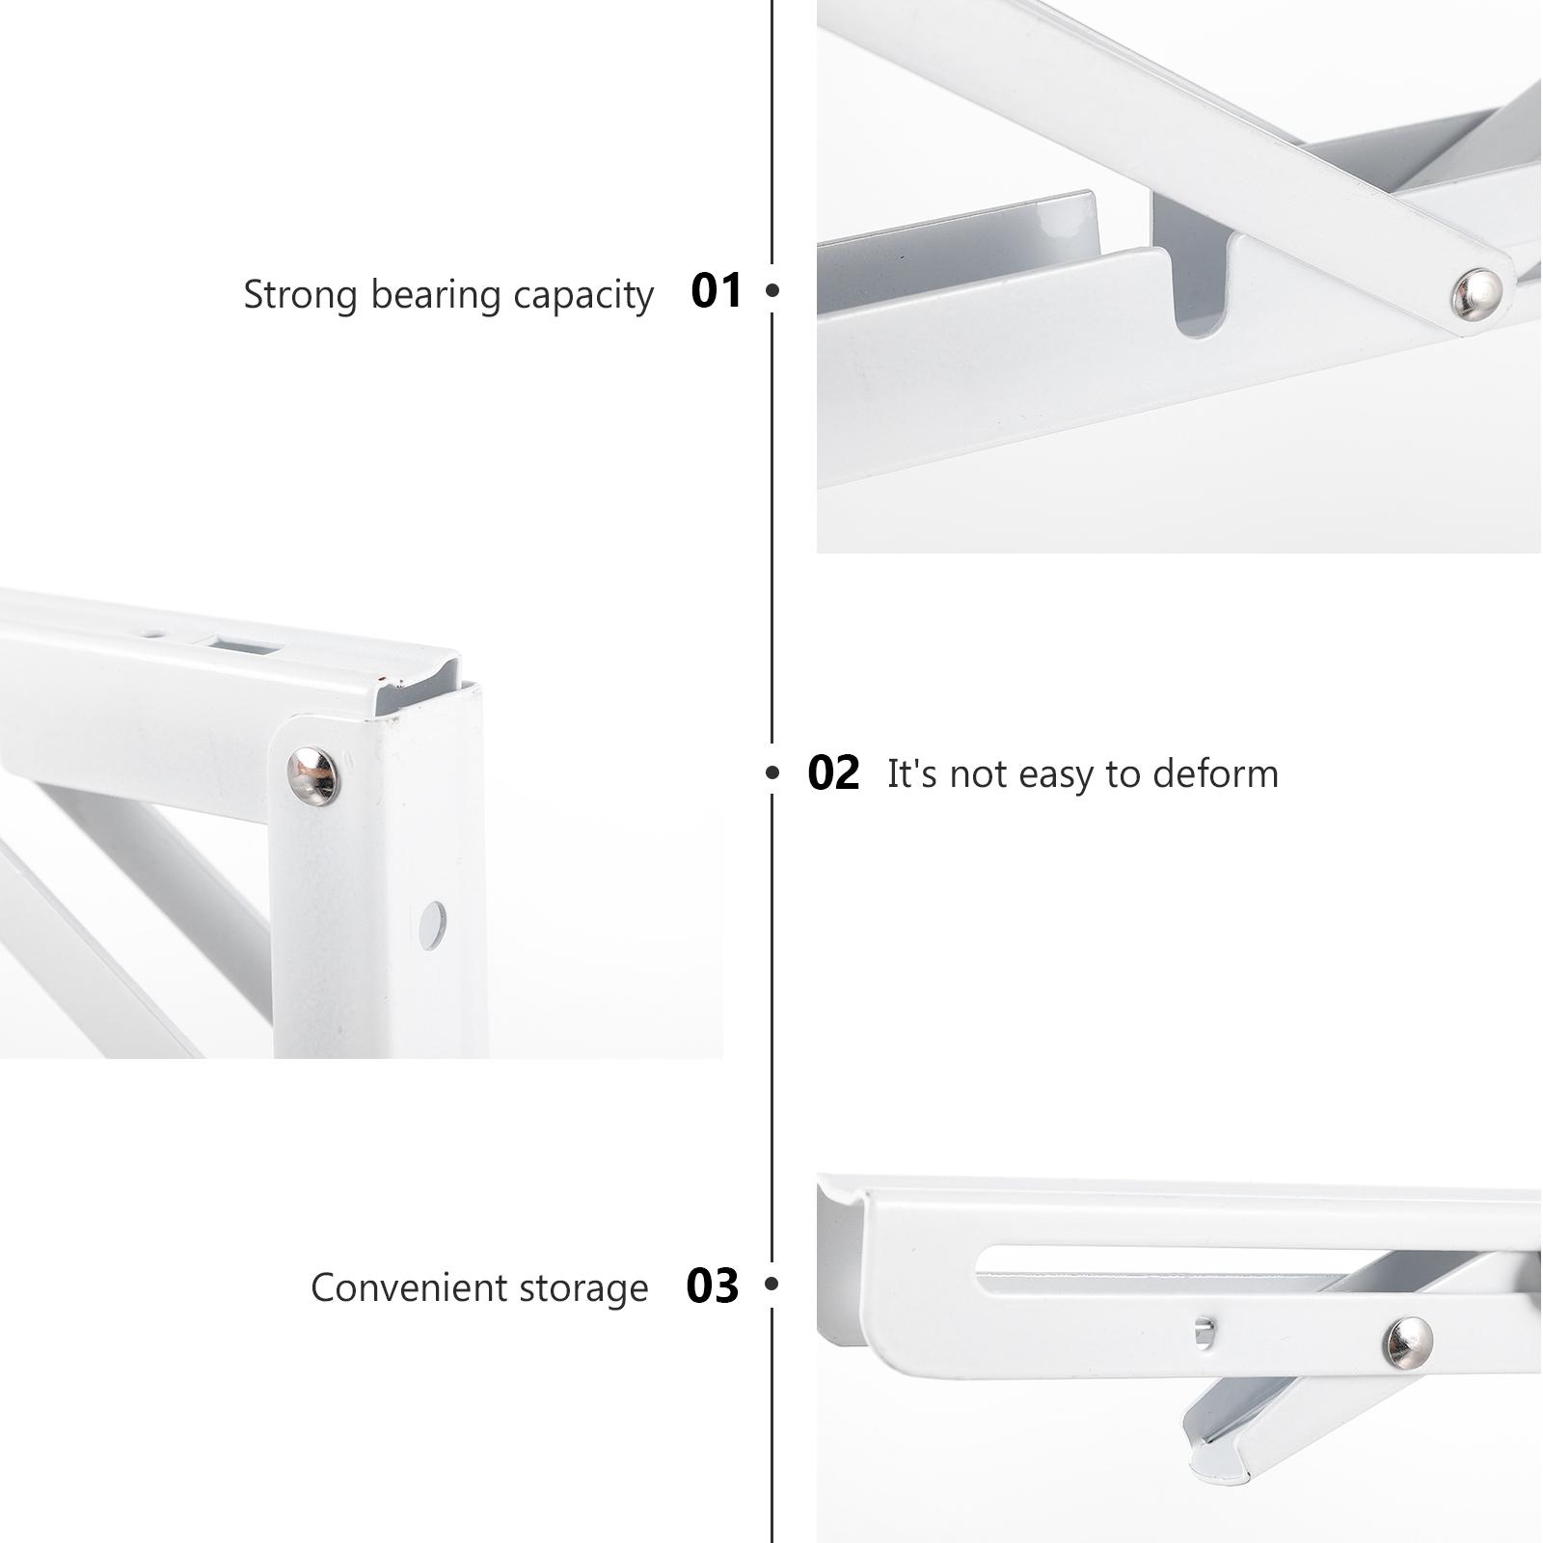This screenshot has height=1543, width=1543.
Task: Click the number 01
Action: click(717, 290)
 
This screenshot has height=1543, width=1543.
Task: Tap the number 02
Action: click(833, 773)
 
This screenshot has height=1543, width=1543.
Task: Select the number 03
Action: click(712, 1286)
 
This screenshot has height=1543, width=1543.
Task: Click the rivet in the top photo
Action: click(1476, 294)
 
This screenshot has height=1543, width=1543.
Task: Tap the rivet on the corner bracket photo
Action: click(313, 774)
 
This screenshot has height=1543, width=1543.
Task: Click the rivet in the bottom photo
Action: click(1408, 1341)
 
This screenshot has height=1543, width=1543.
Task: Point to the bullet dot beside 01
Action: click(771, 289)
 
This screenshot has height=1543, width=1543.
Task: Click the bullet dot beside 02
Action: click(771, 772)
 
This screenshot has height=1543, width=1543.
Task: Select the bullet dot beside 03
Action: click(771, 1284)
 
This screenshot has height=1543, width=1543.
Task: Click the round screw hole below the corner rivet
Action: click(432, 925)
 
